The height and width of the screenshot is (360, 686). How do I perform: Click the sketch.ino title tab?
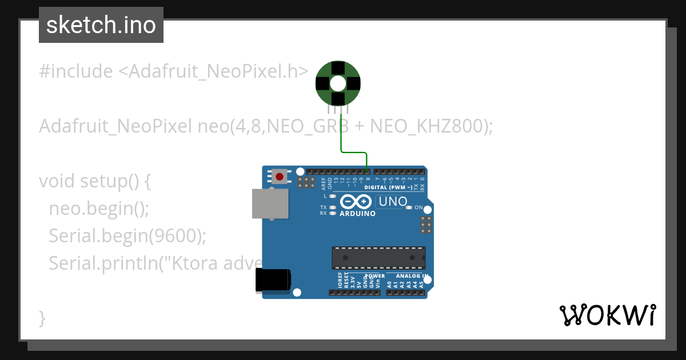coord(101,25)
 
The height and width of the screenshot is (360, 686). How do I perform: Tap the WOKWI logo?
coord(607,315)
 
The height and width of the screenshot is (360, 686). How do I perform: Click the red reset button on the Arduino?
coord(280,177)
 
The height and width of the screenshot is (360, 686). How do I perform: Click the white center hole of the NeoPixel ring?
coord(338,84)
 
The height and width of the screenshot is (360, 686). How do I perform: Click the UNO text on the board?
coord(393,202)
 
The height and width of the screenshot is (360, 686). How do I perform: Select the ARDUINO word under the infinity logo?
coord(358,214)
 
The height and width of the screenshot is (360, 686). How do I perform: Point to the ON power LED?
coord(409,207)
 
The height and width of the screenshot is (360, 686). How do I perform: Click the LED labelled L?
coord(332,196)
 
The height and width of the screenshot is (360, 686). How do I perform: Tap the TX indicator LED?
coord(332,207)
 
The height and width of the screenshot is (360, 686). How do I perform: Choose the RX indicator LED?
coord(332,213)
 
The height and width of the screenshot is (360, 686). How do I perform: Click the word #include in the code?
coord(76,71)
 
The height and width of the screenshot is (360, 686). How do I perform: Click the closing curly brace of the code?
coord(42,318)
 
